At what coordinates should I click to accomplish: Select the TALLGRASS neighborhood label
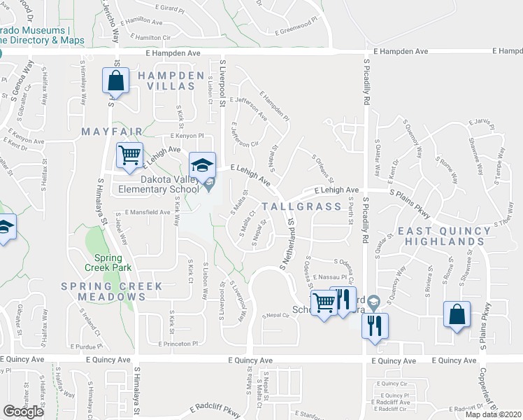click(302, 206)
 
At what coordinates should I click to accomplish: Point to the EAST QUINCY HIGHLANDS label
click(444, 236)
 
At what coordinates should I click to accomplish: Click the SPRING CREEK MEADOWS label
click(111, 291)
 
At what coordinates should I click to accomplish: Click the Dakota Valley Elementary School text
click(148, 184)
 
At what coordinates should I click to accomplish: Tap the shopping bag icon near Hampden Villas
click(116, 80)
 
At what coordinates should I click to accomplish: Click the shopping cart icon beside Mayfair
click(129, 155)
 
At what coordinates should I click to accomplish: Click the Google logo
click(23, 412)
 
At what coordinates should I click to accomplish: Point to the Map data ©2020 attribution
click(493, 414)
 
